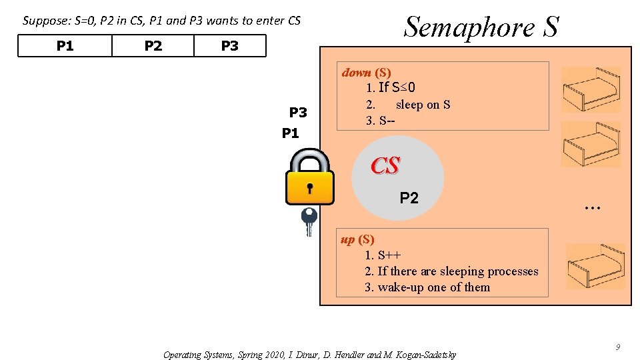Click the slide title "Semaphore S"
coord(481,27)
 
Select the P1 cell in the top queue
coord(65,46)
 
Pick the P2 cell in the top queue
coord(153,46)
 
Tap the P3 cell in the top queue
coord(229,46)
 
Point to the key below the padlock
coord(309,221)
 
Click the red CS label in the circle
coord(385,165)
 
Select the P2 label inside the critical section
coord(409,197)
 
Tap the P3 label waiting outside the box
coord(298,112)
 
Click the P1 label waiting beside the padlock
coord(291,133)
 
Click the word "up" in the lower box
coord(348,239)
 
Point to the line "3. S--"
coord(380,121)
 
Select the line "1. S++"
coord(383,255)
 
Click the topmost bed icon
coord(591,90)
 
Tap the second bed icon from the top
coord(591,144)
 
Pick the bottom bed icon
coord(595,266)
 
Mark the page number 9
coord(618,347)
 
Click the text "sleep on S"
coord(423,105)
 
